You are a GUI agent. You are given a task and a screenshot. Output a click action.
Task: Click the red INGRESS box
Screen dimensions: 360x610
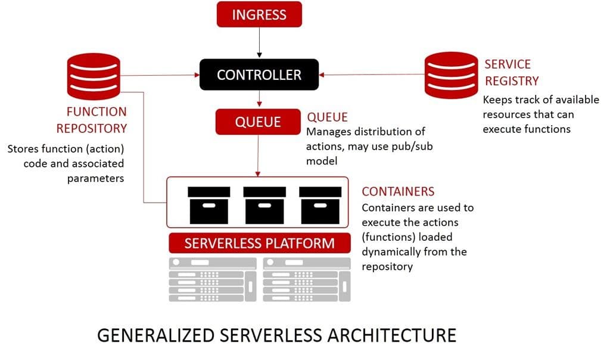click(x=259, y=14)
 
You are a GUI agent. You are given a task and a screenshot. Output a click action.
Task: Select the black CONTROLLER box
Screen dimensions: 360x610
click(x=259, y=75)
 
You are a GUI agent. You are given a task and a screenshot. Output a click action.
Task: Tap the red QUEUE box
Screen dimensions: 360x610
click(x=258, y=122)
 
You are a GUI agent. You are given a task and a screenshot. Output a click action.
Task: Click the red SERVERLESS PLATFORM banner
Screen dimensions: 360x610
click(x=259, y=243)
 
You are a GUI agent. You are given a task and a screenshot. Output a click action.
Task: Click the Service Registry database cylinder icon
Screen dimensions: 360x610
click(x=451, y=75)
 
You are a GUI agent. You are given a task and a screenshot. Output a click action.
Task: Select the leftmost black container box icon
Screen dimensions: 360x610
click(x=208, y=205)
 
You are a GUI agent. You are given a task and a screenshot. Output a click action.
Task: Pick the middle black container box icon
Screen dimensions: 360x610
click(x=264, y=205)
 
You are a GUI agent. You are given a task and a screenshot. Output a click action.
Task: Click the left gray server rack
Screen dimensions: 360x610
click(x=213, y=280)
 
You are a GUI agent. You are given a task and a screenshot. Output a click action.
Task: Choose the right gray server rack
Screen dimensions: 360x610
click(x=306, y=280)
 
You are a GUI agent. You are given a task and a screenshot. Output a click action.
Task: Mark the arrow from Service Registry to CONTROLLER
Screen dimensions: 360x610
click(x=372, y=75)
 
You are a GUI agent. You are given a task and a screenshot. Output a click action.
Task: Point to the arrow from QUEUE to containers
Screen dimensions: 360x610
click(x=258, y=155)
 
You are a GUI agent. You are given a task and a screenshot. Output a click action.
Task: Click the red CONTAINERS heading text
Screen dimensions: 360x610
click(x=398, y=192)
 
